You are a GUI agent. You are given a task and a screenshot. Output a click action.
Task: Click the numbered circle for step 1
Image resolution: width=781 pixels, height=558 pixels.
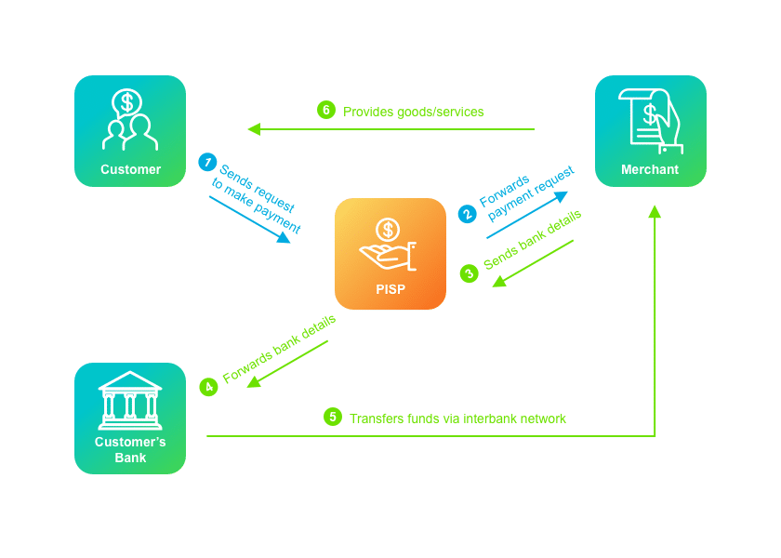[207, 162]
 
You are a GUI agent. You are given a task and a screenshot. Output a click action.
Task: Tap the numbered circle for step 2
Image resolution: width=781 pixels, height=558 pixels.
[467, 214]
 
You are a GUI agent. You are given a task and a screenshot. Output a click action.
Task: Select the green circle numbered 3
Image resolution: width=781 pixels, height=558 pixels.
[469, 273]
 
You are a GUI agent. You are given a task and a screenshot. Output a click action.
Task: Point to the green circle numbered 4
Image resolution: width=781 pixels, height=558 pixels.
[208, 386]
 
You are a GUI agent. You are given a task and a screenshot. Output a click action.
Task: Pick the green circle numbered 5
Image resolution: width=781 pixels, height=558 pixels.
[333, 417]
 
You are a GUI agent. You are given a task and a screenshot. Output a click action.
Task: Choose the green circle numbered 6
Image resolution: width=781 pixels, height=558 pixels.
[325, 110]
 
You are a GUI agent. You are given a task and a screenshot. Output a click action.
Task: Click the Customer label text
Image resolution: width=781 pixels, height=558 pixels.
[130, 169]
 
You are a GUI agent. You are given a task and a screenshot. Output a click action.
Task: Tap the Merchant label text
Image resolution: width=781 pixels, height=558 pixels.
[650, 169]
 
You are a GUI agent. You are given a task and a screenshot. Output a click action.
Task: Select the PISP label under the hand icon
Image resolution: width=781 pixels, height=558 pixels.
[390, 289]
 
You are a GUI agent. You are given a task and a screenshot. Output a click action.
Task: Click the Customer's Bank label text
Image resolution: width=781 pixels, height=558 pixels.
[130, 449]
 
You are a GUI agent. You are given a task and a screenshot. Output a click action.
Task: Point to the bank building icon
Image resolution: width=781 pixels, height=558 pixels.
[130, 400]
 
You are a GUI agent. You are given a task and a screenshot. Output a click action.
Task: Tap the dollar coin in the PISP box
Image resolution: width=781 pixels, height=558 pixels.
[388, 229]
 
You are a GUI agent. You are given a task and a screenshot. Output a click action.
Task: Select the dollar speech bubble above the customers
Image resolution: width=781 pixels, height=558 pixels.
[127, 102]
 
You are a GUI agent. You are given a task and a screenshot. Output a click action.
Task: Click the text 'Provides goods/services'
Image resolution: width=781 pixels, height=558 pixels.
[413, 112]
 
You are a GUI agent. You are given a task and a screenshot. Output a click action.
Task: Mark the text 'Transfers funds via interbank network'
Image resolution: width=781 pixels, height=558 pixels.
[457, 418]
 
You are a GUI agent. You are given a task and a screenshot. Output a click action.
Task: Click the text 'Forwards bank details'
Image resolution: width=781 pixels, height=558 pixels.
[279, 349]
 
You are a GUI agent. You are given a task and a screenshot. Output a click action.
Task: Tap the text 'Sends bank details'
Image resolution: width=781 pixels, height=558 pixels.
[532, 239]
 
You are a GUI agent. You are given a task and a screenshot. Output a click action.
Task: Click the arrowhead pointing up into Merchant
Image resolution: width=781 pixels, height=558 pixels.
[655, 211]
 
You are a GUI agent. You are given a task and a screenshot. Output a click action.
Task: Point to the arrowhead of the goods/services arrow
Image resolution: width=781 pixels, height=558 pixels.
[254, 129]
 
